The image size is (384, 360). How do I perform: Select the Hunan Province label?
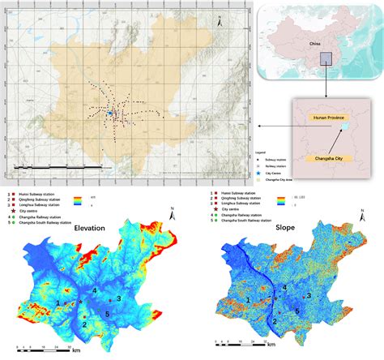coord(326,118)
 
